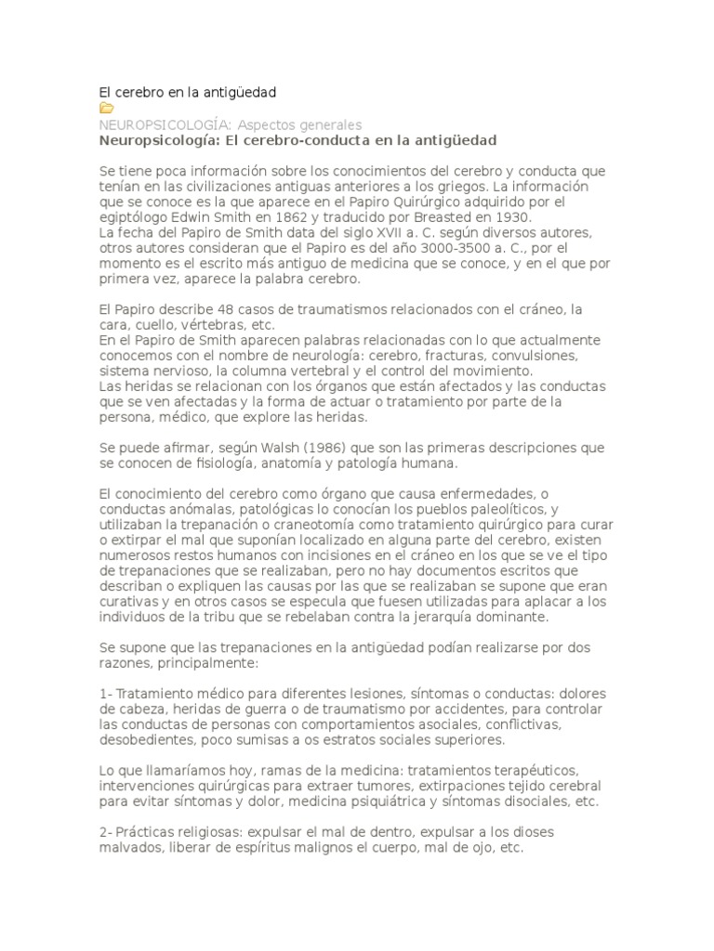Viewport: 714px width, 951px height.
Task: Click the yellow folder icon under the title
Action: coord(106,109)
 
